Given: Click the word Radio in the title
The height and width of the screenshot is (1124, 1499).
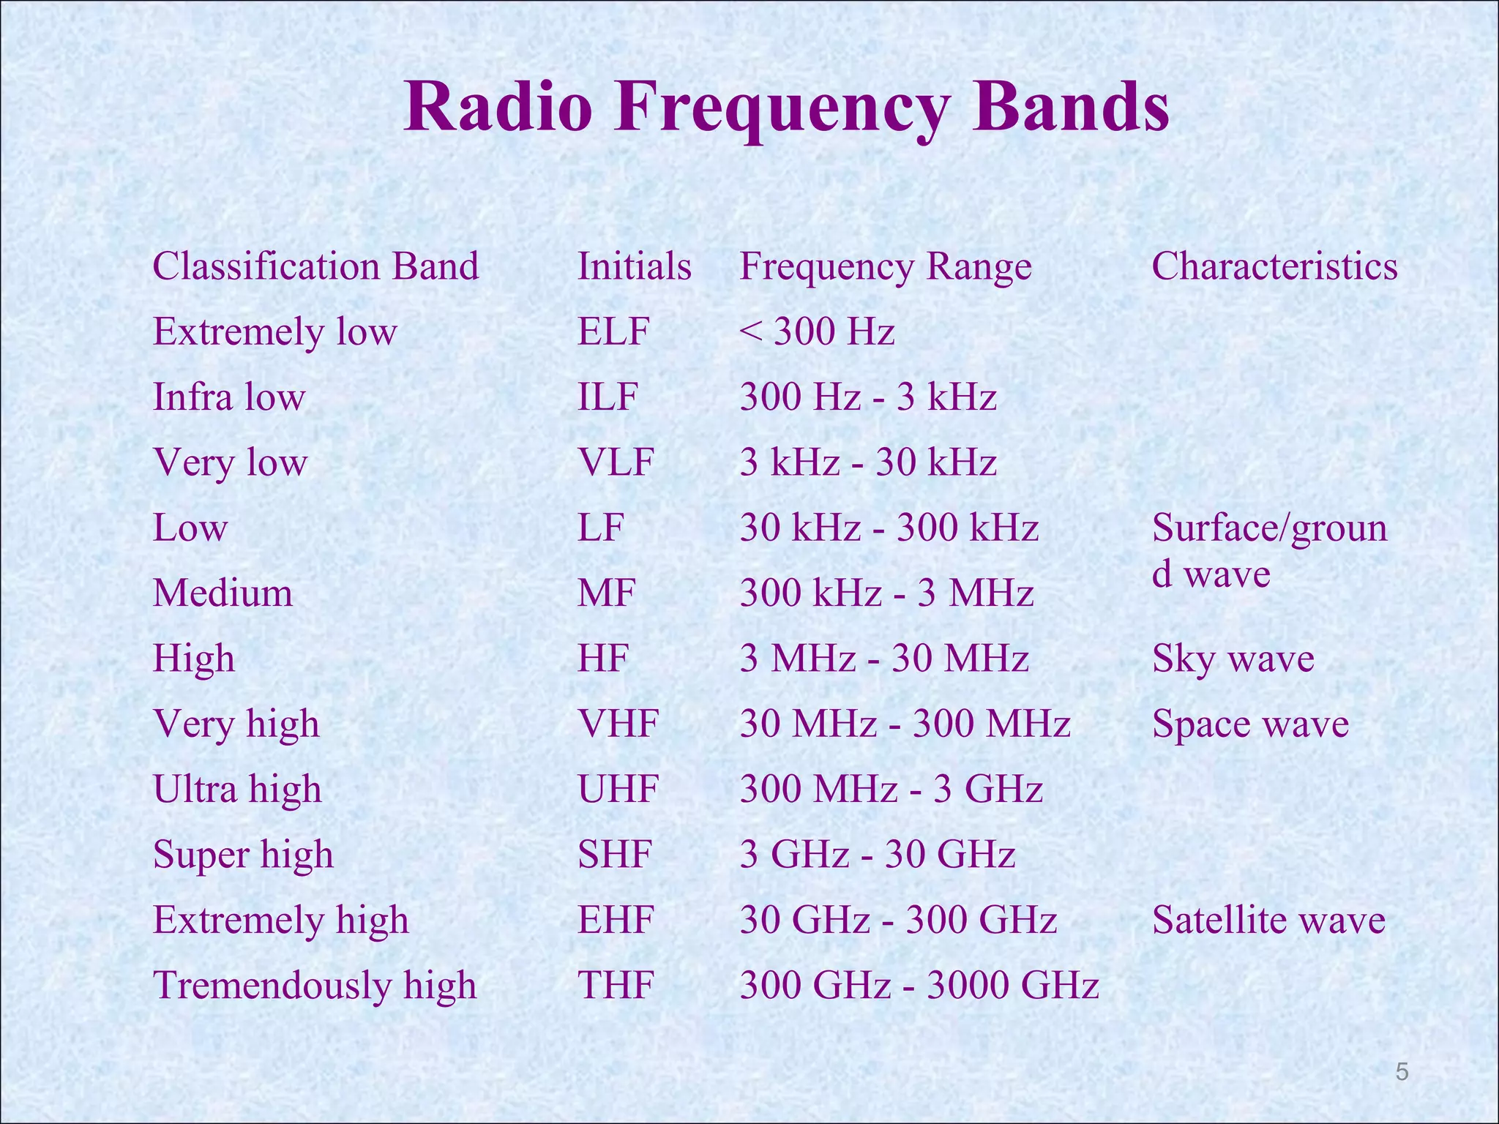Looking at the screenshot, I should pos(498,108).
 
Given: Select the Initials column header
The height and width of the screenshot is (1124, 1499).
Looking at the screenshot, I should pos(634,266).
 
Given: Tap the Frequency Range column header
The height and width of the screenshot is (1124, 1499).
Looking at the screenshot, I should pos(885,266).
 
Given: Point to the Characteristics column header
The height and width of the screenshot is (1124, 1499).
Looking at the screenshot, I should pos(1274,266).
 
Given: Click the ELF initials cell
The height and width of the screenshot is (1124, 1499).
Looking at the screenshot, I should pos(613,331).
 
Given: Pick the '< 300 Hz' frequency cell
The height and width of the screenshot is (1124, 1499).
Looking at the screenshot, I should pos(817,331).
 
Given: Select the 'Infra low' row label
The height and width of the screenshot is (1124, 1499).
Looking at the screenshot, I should pos(228,397).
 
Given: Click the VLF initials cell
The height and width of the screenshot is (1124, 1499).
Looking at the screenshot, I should pos(615,462).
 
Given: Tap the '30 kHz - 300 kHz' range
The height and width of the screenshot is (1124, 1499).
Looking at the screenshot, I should pos(889,528).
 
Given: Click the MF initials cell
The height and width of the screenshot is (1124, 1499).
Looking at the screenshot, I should pos(605,593).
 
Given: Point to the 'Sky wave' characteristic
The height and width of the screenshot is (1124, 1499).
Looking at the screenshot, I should pos(1233,659).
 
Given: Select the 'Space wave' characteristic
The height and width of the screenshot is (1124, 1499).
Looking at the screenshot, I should pos(1249,724).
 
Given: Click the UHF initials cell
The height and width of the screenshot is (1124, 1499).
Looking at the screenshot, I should pos(618,789).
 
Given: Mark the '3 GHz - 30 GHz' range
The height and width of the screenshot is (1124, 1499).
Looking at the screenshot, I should pos(877,854).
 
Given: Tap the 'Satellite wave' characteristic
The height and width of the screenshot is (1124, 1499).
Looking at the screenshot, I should pos(1268,920).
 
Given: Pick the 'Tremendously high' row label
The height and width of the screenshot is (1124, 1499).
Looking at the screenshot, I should pos(315,985).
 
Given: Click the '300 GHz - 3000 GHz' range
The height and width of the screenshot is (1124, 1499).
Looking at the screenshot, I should pos(919,985).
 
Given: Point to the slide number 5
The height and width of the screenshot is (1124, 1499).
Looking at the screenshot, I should pos(1402,1072).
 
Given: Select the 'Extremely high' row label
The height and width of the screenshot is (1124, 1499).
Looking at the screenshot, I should pos(280,920).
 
